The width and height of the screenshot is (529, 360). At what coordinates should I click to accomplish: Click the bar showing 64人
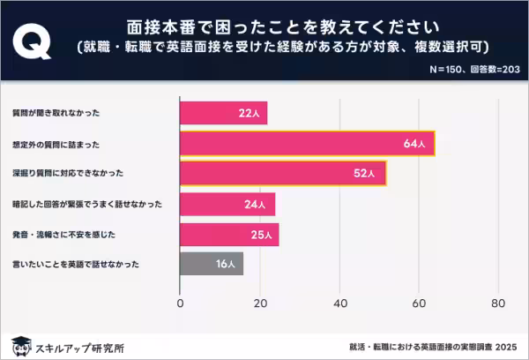tap(307, 143)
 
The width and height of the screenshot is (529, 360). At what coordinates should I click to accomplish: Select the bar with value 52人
tap(283, 173)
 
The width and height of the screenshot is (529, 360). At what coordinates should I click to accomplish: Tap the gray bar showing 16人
tap(212, 263)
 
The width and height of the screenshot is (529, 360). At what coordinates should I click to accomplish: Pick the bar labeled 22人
tap(223, 113)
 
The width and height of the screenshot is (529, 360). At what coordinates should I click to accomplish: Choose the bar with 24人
tap(227, 204)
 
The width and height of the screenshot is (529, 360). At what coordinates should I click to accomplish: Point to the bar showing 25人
tap(229, 234)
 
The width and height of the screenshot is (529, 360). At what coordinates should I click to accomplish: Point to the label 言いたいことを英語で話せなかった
tap(73, 263)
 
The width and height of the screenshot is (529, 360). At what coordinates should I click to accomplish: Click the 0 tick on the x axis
tap(181, 304)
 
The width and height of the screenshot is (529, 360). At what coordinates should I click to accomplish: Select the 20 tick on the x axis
tap(260, 304)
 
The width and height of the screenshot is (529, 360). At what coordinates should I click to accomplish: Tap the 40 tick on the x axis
tap(339, 304)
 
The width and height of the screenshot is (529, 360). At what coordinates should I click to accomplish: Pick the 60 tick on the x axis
tap(419, 304)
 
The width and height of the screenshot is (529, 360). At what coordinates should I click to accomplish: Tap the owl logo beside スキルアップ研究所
tap(20, 345)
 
